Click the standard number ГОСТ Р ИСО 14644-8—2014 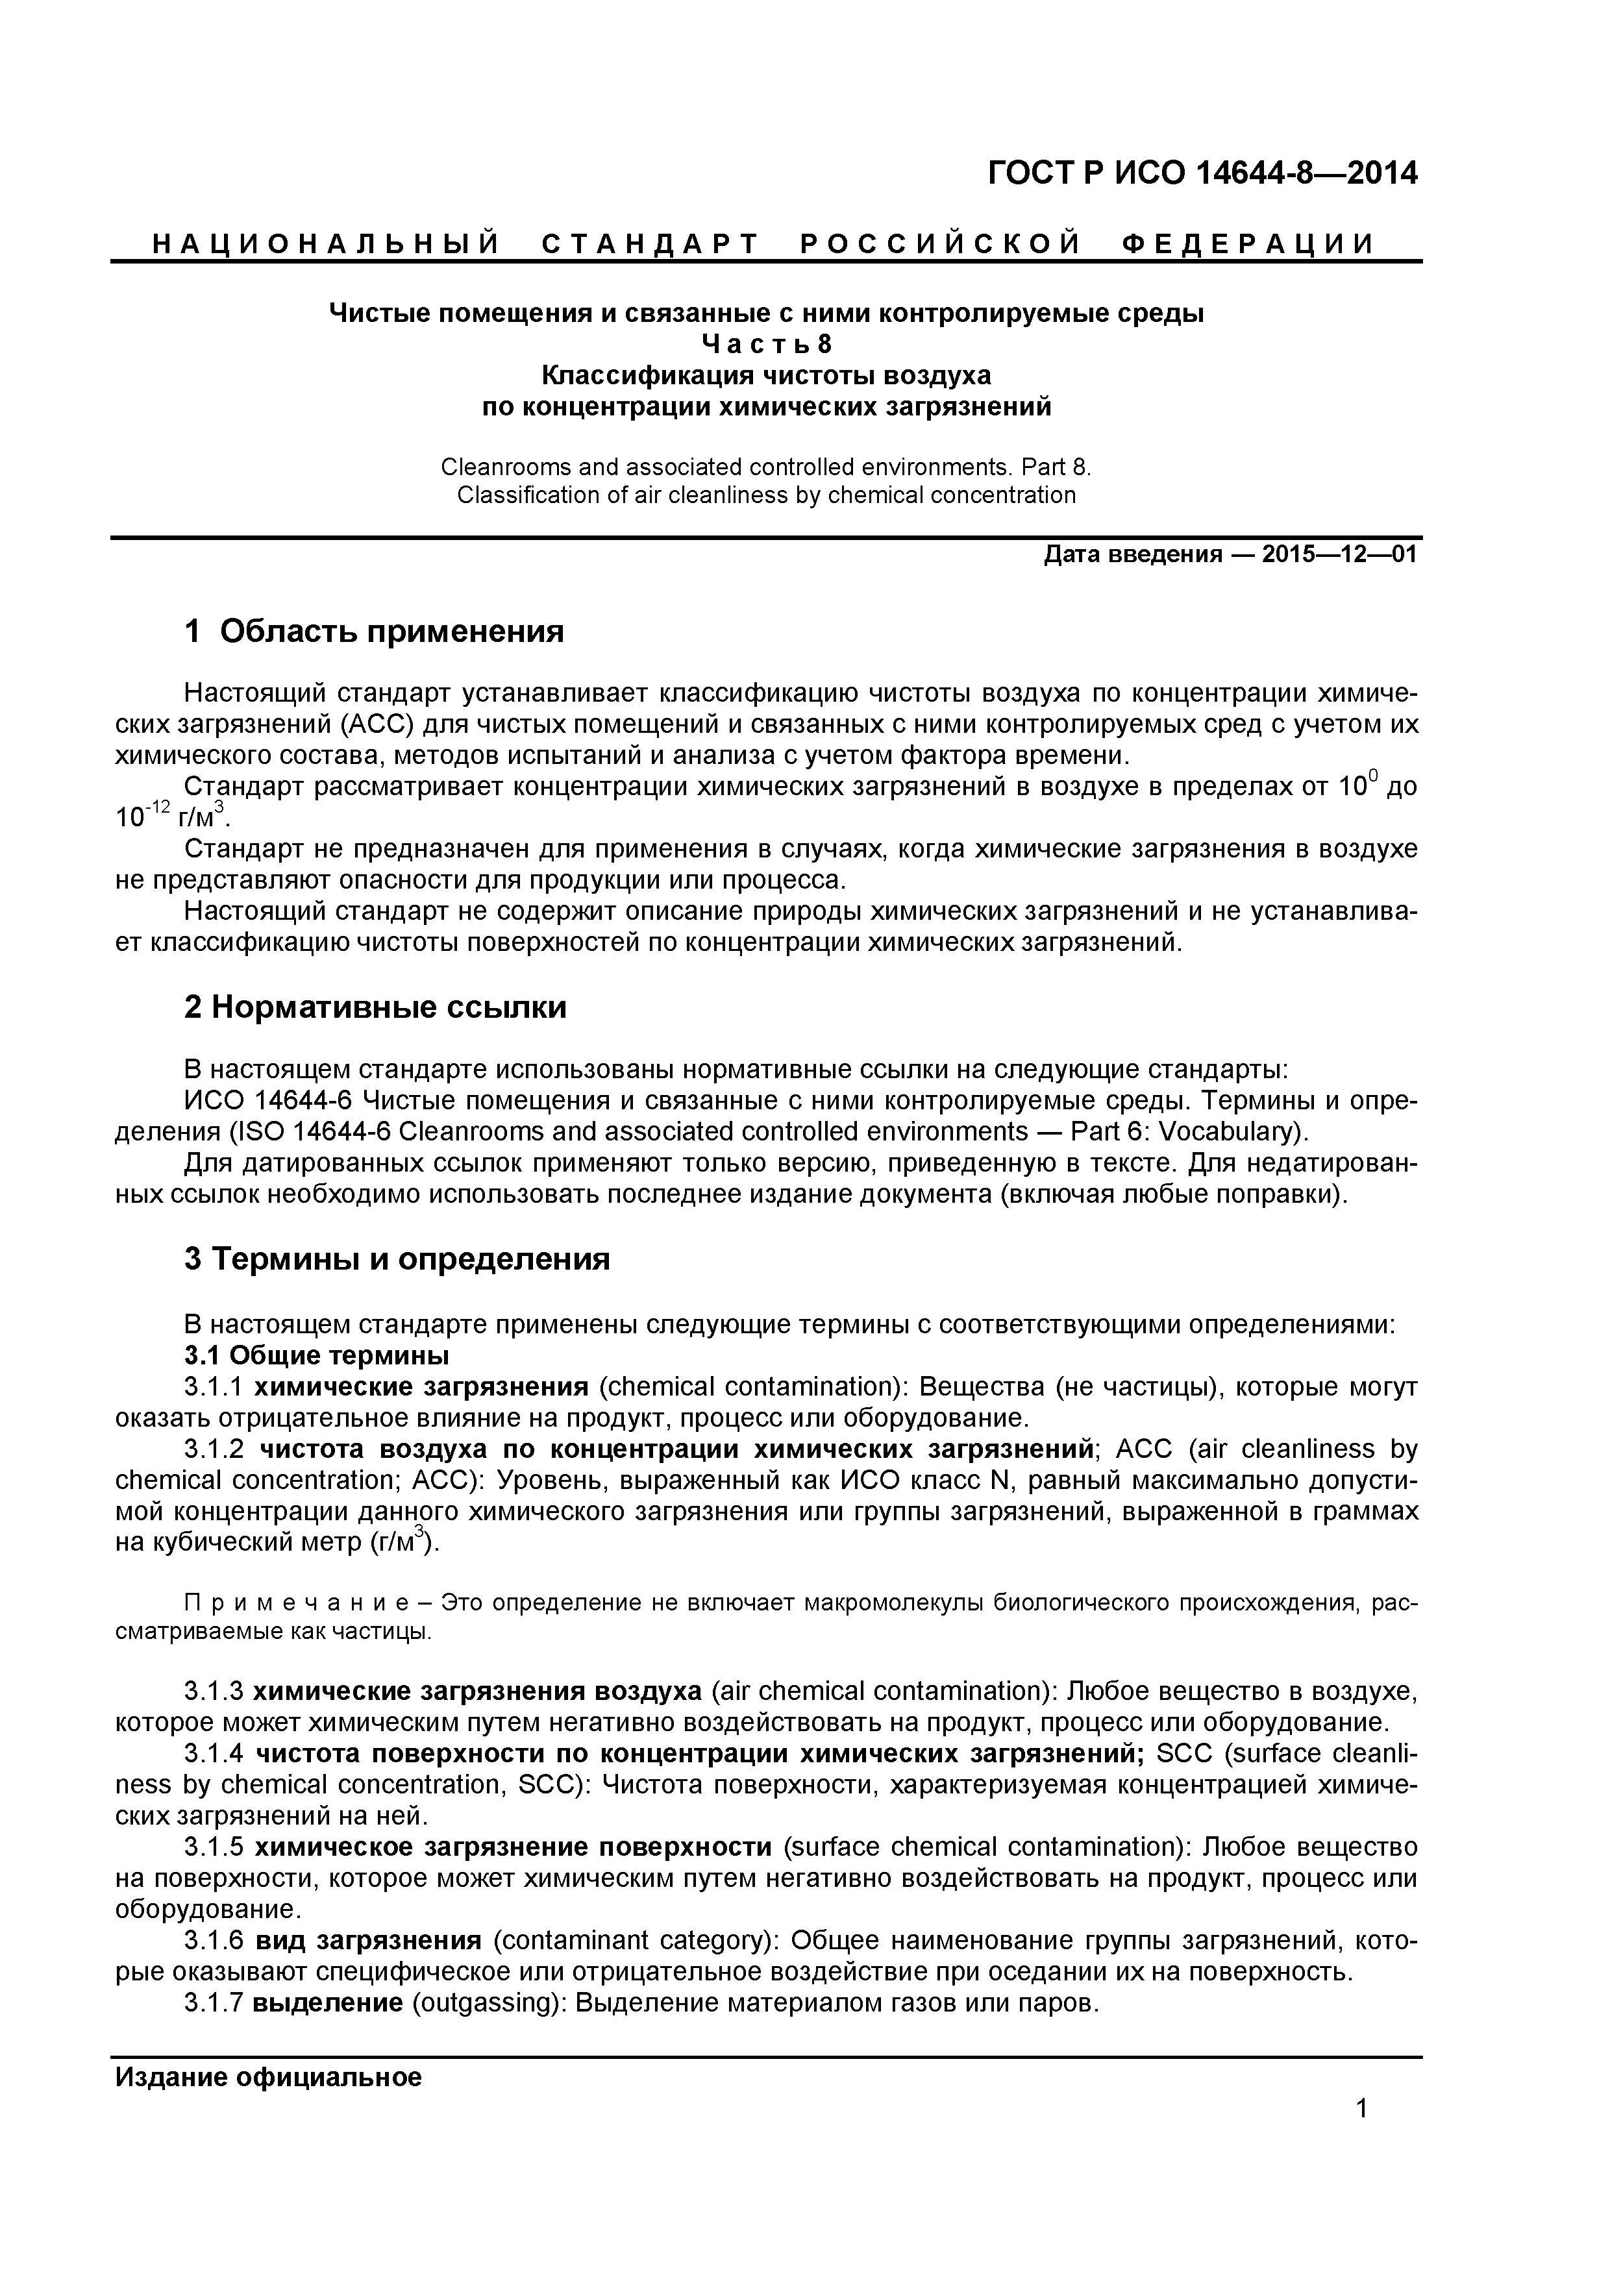coord(1202,173)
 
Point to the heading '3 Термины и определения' coord(397,1259)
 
